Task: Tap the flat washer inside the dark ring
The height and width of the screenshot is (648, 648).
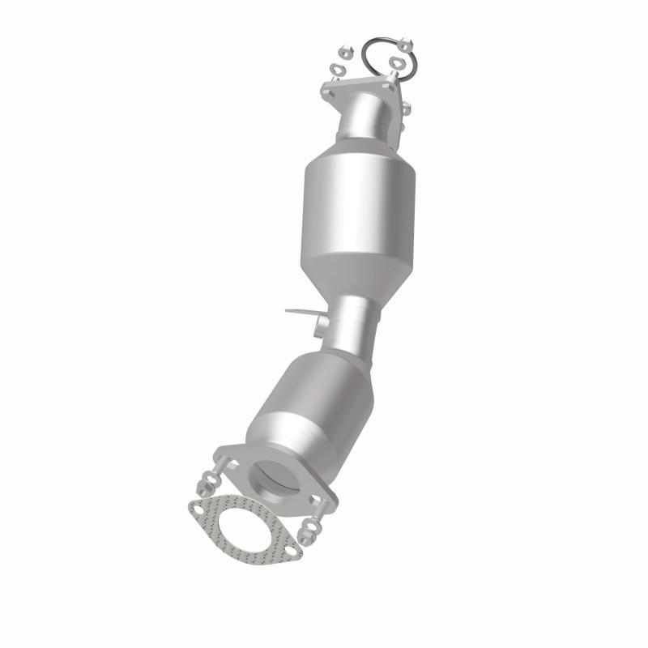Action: point(397,62)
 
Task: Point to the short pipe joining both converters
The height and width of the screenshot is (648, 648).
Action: point(352,324)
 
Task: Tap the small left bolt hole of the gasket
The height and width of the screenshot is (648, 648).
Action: point(198,509)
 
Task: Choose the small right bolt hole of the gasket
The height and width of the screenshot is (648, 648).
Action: point(291,551)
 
